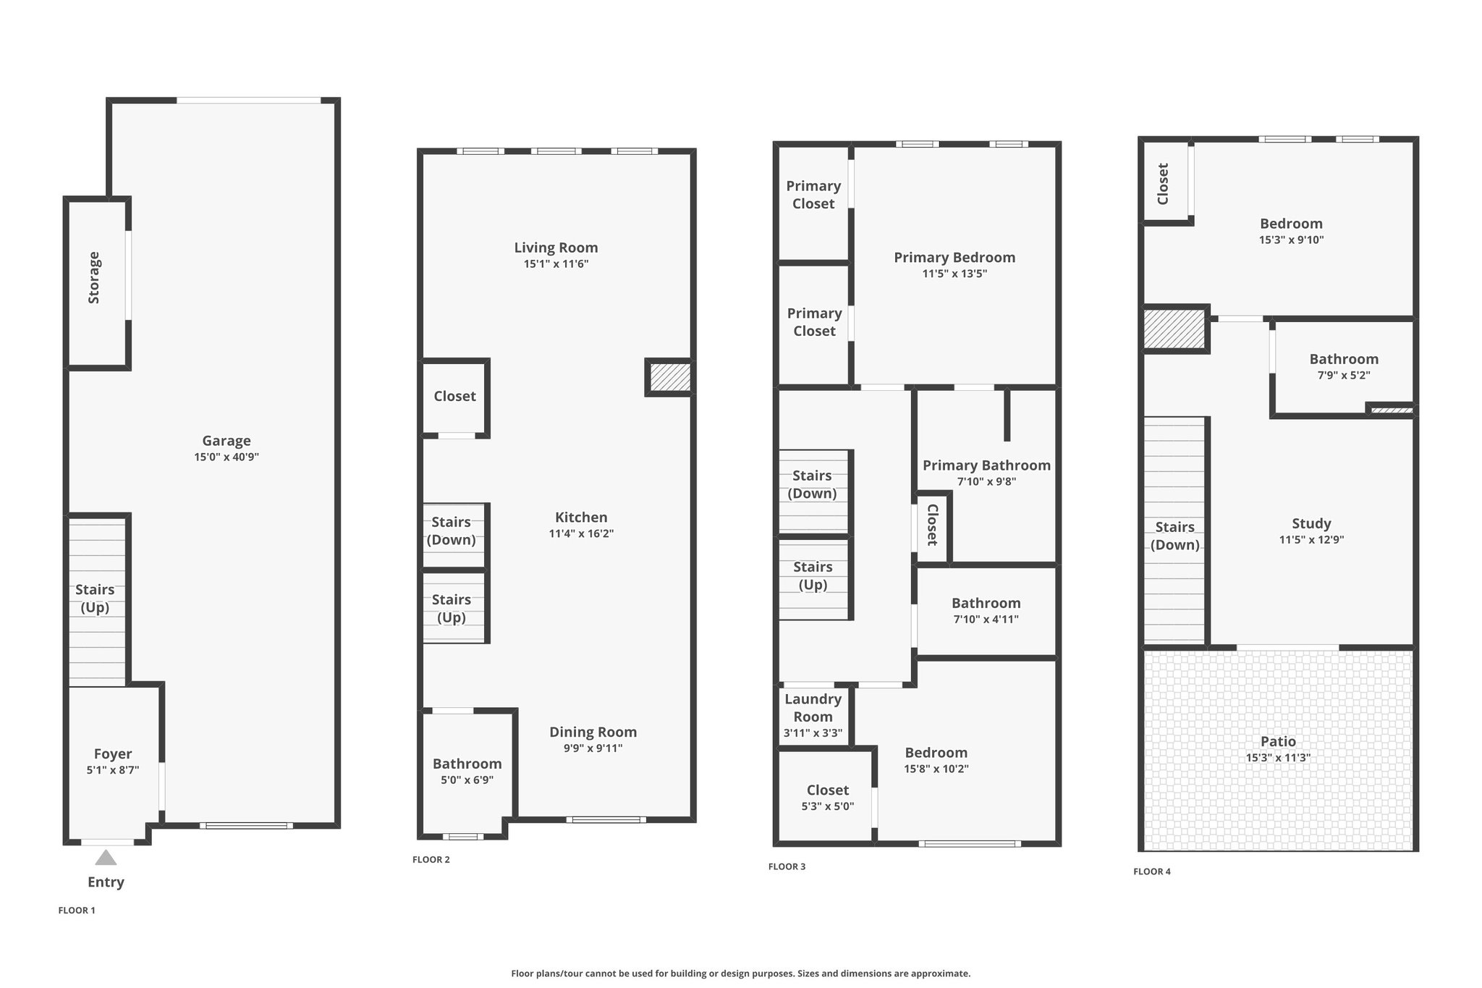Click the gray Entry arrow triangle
pos(106,858)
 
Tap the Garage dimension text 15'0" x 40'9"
pos(226,457)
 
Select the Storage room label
pos(94,277)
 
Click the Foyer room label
pos(113,754)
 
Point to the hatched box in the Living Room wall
pos(669,377)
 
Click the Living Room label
pos(556,248)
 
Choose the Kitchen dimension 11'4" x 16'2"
pos(581,534)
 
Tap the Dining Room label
pos(593,732)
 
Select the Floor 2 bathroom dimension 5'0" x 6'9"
pos(467,780)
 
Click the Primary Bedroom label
pos(954,258)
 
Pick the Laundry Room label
pos(813,708)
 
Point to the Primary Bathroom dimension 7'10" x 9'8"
pos(986,481)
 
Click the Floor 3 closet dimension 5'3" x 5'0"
pos(828,806)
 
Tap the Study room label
pos(1311,523)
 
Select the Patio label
pos(1278,741)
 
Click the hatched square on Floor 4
pos(1173,329)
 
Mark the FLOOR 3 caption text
pos(787,866)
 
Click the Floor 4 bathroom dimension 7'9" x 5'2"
pos(1344,376)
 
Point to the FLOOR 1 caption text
pos(77,911)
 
